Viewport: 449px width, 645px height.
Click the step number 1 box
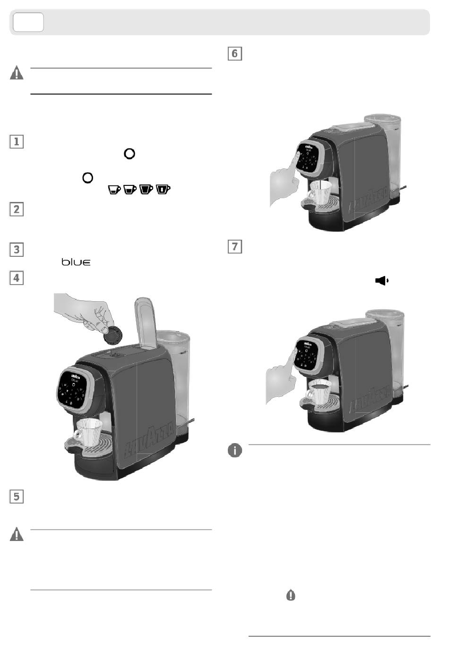[x=17, y=141]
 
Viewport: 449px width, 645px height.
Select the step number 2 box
[x=17, y=209]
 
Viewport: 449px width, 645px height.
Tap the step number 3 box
[x=17, y=249]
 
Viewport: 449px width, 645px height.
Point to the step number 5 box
[x=17, y=497]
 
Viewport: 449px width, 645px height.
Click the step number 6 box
[x=235, y=53]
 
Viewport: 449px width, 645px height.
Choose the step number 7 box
[x=235, y=246]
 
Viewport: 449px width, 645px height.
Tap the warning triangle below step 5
[x=17, y=535]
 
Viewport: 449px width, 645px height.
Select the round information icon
[x=235, y=450]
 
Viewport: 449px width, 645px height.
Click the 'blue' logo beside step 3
[x=76, y=262]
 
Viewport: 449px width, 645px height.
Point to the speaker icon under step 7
[x=381, y=280]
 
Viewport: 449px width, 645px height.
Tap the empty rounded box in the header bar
[x=28, y=22]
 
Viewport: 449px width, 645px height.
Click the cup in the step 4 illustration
[x=88, y=432]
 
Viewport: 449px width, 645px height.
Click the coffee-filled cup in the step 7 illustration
[x=319, y=392]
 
